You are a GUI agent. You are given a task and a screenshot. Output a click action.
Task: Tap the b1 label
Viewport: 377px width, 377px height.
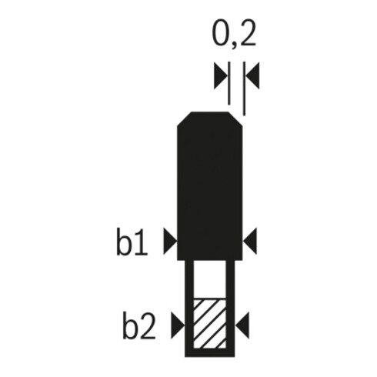point(132,242)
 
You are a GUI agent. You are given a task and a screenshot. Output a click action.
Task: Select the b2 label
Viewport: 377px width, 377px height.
point(139,325)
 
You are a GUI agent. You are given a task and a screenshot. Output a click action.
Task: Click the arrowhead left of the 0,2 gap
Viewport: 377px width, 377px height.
point(221,75)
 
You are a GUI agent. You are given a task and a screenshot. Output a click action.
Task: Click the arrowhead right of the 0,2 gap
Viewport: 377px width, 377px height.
point(253,75)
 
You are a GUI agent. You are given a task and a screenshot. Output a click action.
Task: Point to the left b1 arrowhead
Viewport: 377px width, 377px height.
point(170,241)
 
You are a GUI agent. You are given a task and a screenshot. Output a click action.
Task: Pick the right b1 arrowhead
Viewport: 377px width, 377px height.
point(250,241)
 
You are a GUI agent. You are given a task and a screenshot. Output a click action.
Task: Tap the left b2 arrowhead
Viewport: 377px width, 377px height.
point(178,325)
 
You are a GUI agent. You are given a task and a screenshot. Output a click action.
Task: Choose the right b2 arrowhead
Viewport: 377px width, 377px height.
point(242,325)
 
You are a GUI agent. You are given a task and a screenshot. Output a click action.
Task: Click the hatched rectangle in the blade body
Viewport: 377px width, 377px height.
point(209,323)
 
